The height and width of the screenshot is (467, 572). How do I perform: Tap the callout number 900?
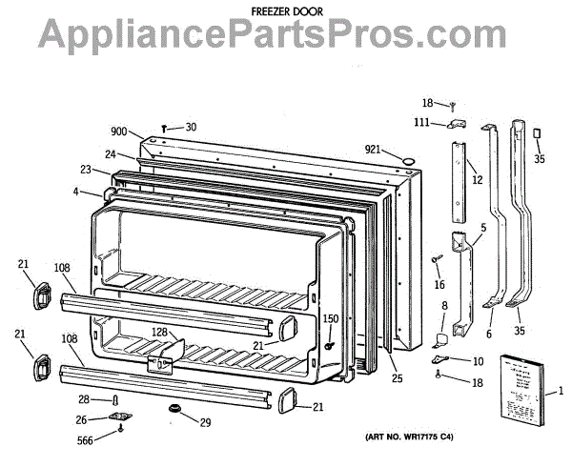118,132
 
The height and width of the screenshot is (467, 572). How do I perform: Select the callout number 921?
374,149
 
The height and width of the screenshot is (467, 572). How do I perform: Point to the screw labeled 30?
166,127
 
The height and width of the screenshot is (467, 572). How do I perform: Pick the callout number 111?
420,122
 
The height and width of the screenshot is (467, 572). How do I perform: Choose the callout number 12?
477,180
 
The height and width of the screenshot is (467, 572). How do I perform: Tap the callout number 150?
330,318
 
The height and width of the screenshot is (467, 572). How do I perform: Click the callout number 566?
87,439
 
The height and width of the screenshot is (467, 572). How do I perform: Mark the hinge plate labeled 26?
120,417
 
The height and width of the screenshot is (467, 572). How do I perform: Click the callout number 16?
439,283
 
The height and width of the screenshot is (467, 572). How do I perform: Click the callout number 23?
85,171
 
